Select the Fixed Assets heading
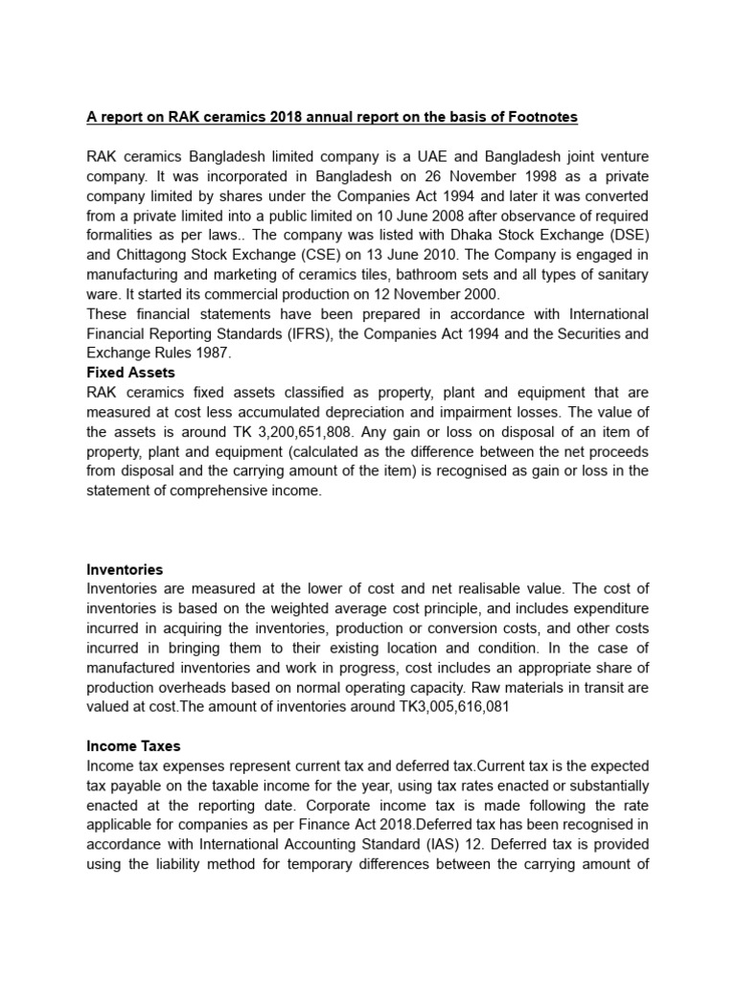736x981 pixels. [130, 372]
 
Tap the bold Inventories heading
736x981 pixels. [125, 569]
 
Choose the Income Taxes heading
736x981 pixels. [133, 745]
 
